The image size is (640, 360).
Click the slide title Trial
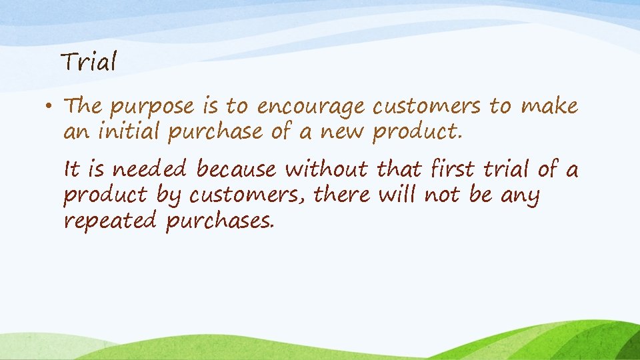(x=89, y=63)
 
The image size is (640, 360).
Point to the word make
(x=549, y=105)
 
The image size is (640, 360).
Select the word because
(x=235, y=169)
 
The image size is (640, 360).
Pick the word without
(x=326, y=169)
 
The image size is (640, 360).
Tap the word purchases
(x=219, y=221)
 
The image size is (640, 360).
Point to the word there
(x=342, y=195)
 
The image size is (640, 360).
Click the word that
(x=399, y=169)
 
